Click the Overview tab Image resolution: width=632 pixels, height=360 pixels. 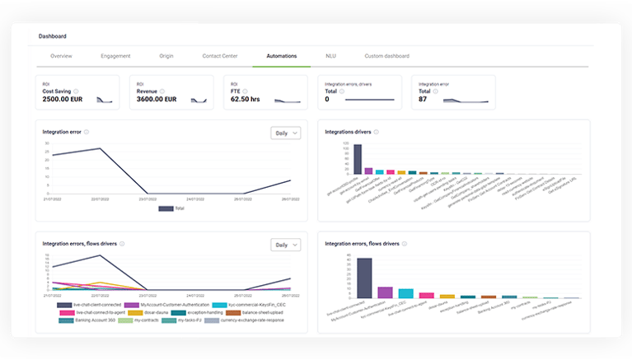click(61, 56)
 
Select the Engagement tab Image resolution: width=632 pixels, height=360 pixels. click(115, 56)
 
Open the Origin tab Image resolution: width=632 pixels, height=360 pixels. click(166, 56)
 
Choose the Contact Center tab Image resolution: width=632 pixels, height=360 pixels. click(220, 56)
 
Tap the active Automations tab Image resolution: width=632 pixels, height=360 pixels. click(282, 56)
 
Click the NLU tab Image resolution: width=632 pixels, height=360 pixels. click(330, 56)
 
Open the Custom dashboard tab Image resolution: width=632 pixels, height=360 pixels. click(387, 56)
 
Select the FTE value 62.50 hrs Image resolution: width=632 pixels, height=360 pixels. click(245, 99)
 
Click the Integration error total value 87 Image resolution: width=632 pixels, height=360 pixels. click(423, 99)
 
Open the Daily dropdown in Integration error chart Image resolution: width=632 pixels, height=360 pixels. click(285, 133)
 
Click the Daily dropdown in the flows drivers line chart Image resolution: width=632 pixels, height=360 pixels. click(285, 245)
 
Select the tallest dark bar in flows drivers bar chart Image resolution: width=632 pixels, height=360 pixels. click(364, 278)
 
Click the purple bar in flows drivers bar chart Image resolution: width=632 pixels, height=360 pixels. click(385, 292)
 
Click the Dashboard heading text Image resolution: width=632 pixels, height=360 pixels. click(53, 36)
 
